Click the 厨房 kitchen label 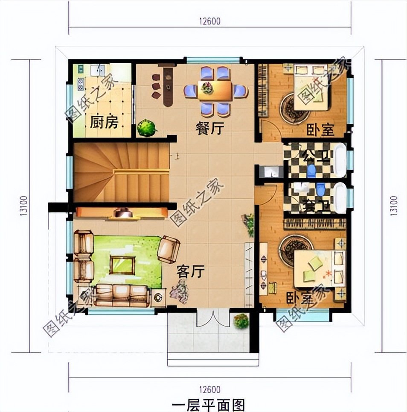tap(104, 123)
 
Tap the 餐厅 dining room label tap(209, 128)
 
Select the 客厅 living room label tap(191, 271)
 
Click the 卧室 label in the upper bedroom tap(320, 130)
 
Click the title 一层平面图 tap(209, 404)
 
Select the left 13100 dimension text tap(24, 206)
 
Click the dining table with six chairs tap(216, 91)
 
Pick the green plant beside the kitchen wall tap(146, 127)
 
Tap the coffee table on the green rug tap(122, 265)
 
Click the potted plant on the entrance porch tap(241, 321)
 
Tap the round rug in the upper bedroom tap(294, 108)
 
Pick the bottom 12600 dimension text tap(209, 389)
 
